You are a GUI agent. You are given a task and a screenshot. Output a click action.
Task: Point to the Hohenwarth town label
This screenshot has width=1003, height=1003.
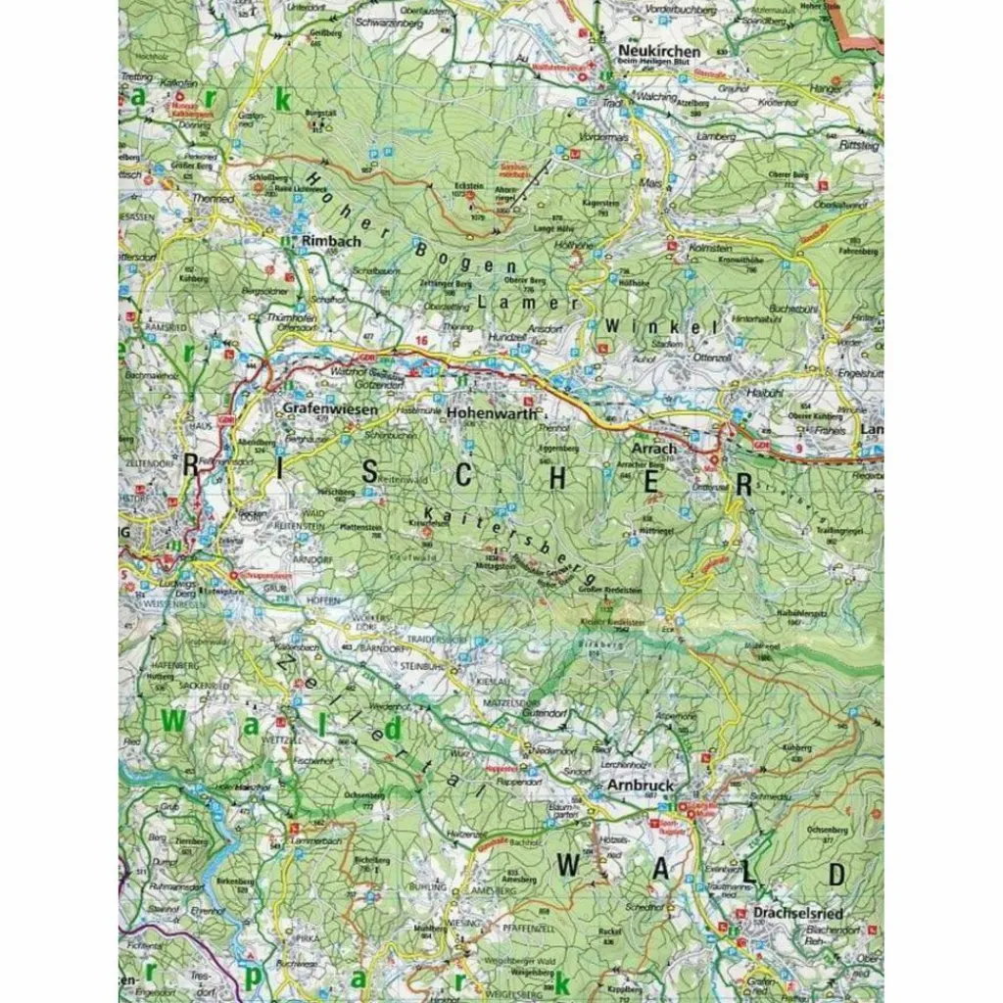pyautogui.click(x=493, y=413)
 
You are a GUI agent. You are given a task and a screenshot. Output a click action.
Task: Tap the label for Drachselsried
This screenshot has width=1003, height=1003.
pyautogui.click(x=799, y=913)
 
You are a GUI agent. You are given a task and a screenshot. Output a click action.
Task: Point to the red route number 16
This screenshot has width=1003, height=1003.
pyautogui.click(x=421, y=340)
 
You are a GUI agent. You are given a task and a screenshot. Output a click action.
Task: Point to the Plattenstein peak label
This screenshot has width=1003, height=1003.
pyautogui.click(x=360, y=527)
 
